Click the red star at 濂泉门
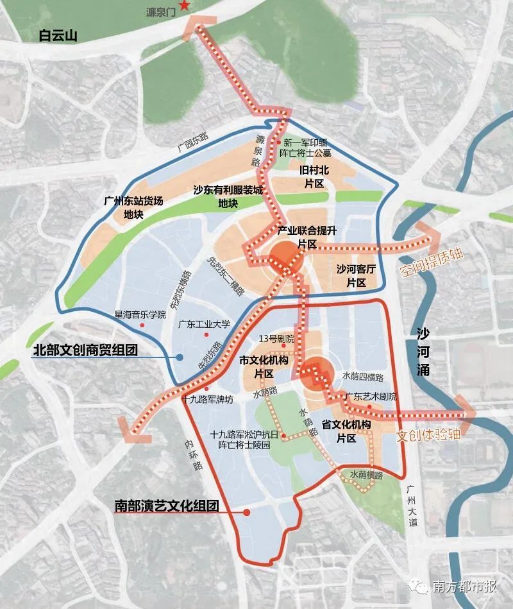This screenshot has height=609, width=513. point(185,6)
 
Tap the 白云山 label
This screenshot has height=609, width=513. point(58,36)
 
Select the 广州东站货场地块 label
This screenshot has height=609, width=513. point(133,207)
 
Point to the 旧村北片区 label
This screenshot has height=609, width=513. point(314,177)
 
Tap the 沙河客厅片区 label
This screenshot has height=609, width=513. point(356,276)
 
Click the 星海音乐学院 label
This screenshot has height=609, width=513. point(140,314)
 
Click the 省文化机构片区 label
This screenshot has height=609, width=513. point(346,431)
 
